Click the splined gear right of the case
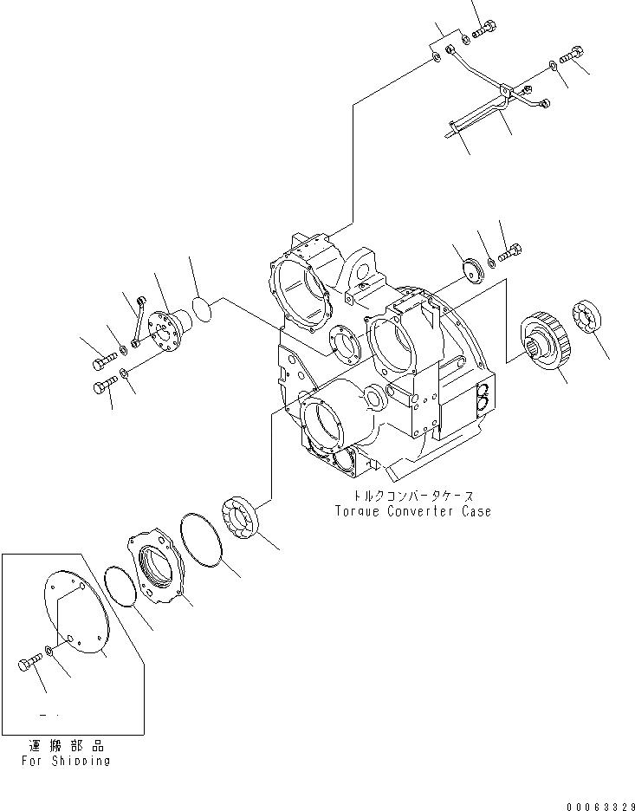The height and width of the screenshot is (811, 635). coord(547,346)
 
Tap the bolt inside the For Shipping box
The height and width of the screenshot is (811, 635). coord(29,665)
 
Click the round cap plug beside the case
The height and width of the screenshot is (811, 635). coord(472,269)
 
